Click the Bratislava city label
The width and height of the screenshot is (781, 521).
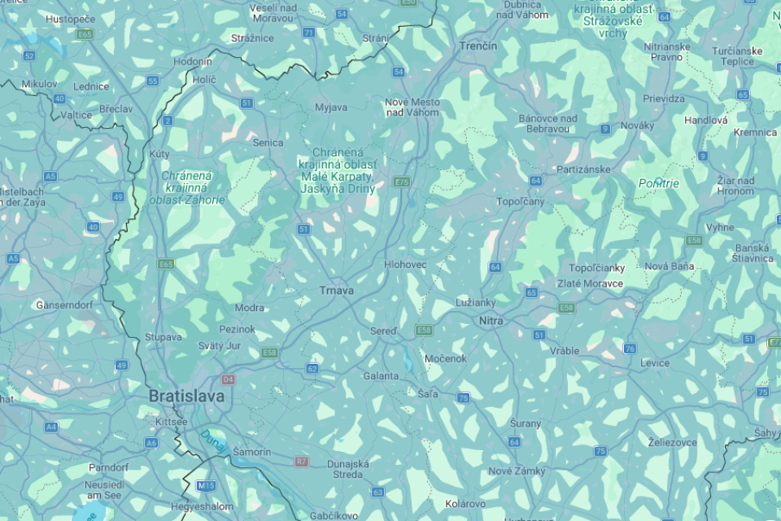pyautogui.click(x=186, y=396)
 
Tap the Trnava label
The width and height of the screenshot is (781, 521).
pyautogui.click(x=336, y=291)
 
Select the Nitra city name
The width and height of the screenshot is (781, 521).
pyautogui.click(x=491, y=321)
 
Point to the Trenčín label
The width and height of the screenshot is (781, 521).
pyautogui.click(x=478, y=46)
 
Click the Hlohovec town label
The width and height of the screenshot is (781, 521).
pyautogui.click(x=405, y=265)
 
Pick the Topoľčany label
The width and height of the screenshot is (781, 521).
pyautogui.click(x=521, y=201)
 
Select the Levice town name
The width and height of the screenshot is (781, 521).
pyautogui.click(x=655, y=363)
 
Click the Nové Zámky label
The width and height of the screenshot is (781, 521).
pyautogui.click(x=517, y=471)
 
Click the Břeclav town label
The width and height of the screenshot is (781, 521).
pyautogui.click(x=116, y=108)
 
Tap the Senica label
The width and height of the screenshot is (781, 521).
pyautogui.click(x=268, y=142)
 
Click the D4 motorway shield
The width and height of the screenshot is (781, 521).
pyautogui.click(x=228, y=379)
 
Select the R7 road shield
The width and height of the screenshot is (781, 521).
pyautogui.click(x=302, y=462)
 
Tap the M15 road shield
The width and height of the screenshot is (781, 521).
pyautogui.click(x=206, y=486)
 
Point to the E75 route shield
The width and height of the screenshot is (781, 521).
pyautogui.click(x=401, y=182)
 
